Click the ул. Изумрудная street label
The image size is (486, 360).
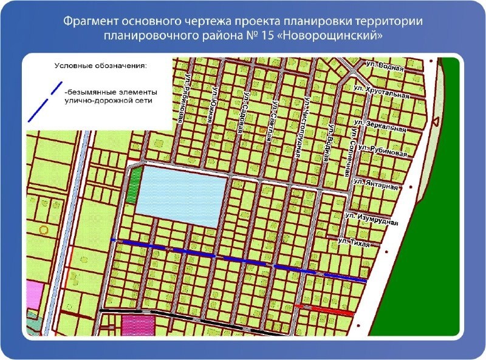click(371, 219)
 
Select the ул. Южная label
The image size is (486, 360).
click(211, 104)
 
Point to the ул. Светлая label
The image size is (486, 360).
click(272, 120)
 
